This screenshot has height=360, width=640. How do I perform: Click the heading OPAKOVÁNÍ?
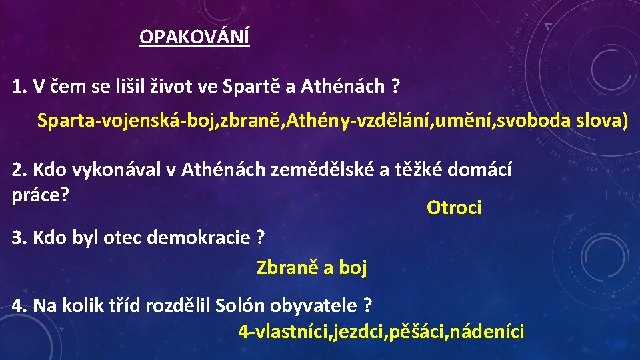point(195,37)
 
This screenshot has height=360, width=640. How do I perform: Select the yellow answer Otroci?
point(453,208)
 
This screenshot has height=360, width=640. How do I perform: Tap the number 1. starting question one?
point(19,86)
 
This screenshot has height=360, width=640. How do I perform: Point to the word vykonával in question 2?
point(115,170)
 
